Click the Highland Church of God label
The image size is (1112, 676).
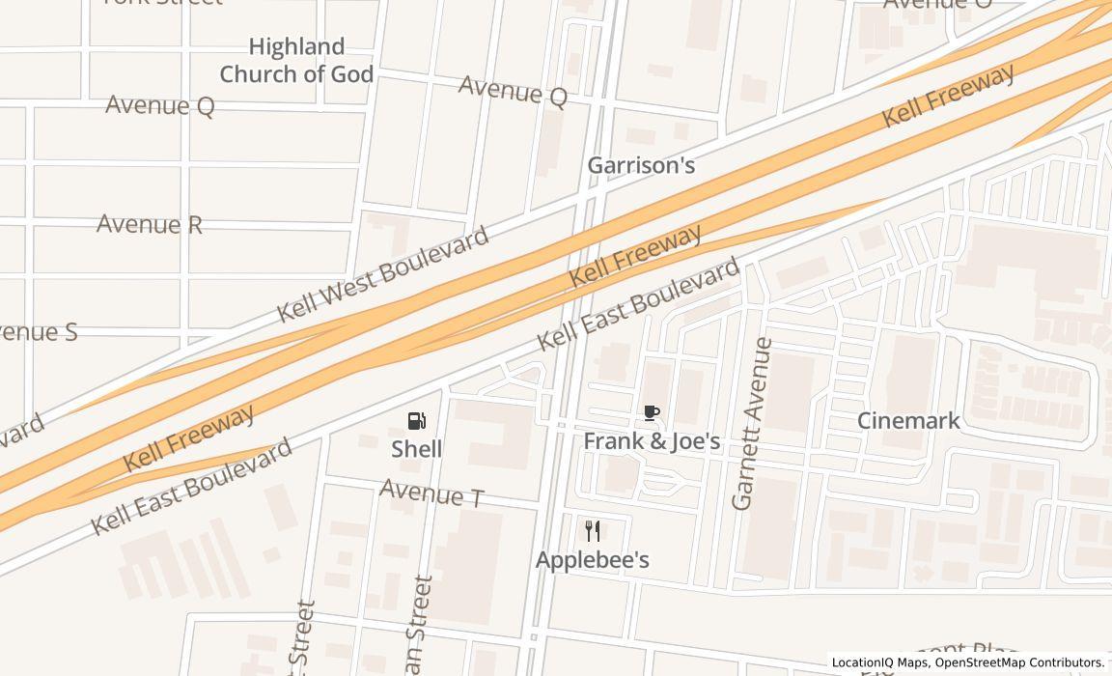click(x=296, y=60)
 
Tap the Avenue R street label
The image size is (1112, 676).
click(x=150, y=225)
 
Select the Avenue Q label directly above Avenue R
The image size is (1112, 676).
click(x=159, y=105)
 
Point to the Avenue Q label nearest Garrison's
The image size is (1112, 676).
click(x=513, y=91)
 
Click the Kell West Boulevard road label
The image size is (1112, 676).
click(x=383, y=275)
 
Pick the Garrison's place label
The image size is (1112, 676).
click(x=641, y=166)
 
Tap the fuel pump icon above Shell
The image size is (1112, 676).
click(x=417, y=421)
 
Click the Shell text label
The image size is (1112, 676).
click(x=417, y=449)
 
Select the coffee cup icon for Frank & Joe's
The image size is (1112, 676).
click(x=652, y=413)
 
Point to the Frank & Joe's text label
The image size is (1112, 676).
click(x=652, y=441)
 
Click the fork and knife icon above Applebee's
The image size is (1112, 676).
click(x=593, y=530)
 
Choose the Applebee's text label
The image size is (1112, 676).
click(x=593, y=560)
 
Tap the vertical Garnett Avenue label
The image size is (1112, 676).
click(x=753, y=424)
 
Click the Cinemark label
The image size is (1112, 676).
click(x=908, y=420)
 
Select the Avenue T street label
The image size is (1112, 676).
click(x=431, y=493)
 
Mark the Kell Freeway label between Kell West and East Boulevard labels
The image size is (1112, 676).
click(x=634, y=257)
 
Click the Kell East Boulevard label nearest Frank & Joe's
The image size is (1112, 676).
click(x=638, y=303)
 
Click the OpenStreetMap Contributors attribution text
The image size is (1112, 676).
click(x=1019, y=662)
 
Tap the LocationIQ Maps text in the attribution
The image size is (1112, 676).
click(x=880, y=662)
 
